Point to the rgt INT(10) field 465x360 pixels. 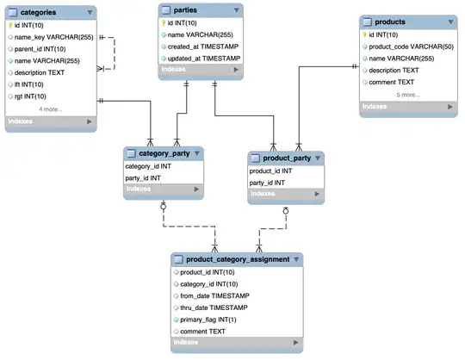tap(35, 96)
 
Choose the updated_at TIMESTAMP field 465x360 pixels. tap(204, 58)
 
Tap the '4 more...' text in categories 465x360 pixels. tap(51, 109)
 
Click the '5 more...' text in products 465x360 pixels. tap(408, 94)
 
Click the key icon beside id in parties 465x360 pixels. tap(163, 22)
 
